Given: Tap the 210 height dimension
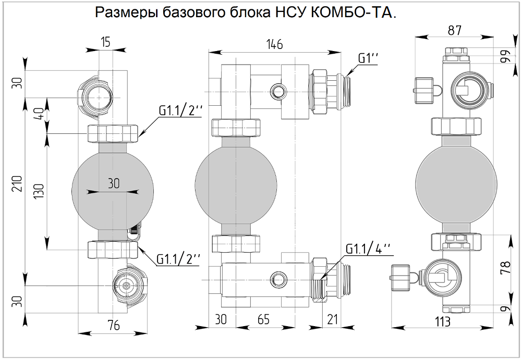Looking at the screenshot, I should [x=17, y=183].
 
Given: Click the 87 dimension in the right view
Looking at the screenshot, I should [x=454, y=30].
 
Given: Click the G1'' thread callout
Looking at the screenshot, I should [x=368, y=58].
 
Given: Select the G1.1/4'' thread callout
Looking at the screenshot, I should [x=367, y=249].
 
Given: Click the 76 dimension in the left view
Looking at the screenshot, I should [x=113, y=326].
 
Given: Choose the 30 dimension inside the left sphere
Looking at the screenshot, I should [x=113, y=184].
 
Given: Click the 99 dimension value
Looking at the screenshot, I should [x=504, y=56].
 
